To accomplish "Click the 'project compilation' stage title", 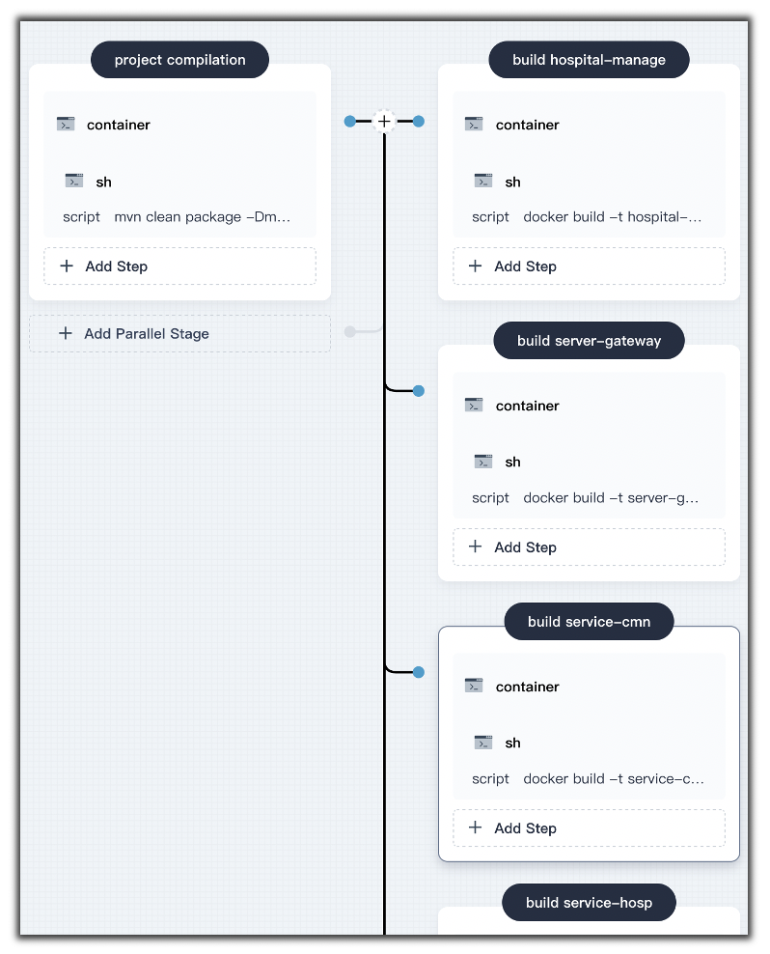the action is coord(180,60).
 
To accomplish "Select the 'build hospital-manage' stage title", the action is coord(589,60).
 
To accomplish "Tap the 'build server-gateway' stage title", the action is coord(589,341).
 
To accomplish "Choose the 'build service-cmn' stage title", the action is coord(589,622).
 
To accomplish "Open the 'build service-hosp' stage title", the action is coord(589,902).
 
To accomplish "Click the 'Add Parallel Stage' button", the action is coord(180,333).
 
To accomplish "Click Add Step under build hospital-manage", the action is coord(589,266).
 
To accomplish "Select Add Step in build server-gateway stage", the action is coord(589,547).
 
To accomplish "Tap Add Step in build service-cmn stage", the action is coord(589,828).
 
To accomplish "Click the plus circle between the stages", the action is coord(384,121).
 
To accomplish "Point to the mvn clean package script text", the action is coord(203,216).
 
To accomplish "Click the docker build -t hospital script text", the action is coord(613,216).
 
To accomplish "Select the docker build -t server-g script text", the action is coord(611,497).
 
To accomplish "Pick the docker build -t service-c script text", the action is coord(614,779).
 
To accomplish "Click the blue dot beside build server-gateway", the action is coord(419,391).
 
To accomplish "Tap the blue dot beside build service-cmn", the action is coord(419,672).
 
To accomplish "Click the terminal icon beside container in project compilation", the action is coord(66,125).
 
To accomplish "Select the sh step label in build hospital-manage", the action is coord(512,182).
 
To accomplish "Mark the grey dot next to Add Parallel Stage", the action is coord(349,331).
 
